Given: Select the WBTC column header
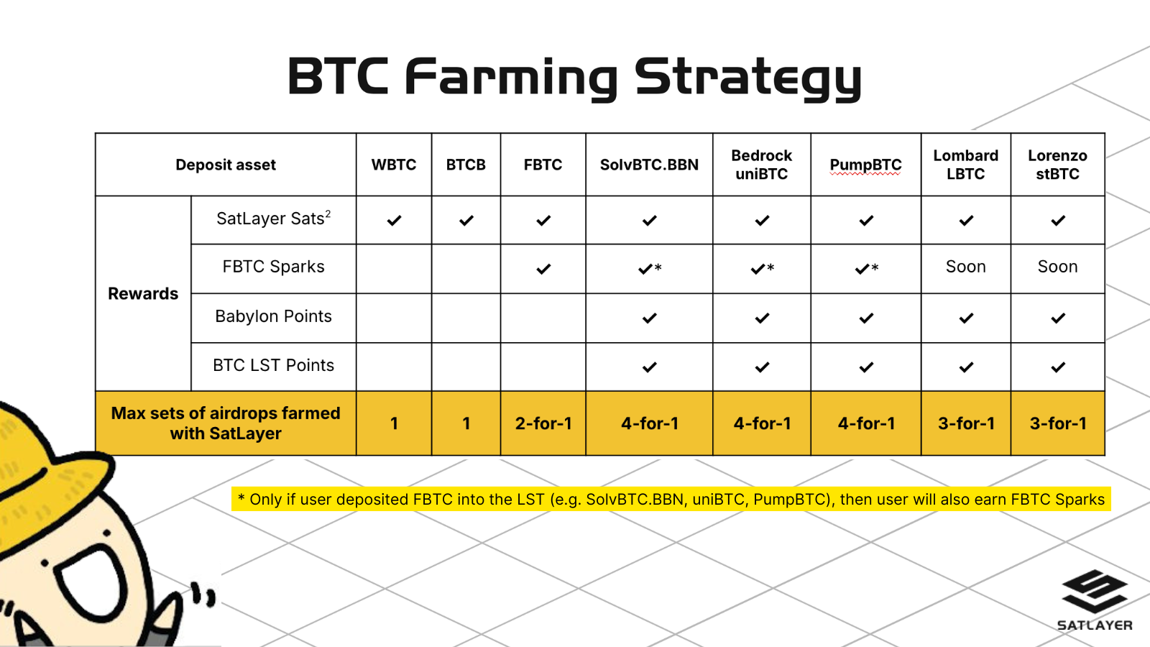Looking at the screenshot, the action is point(394,165).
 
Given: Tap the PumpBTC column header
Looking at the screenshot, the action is point(865,165).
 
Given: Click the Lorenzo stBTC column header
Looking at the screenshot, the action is point(1057,165).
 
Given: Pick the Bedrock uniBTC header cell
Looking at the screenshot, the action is point(761,165).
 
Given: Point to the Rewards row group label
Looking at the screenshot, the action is point(143,294).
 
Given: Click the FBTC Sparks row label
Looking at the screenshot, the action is point(273,267).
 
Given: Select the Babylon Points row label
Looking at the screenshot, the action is point(273,316).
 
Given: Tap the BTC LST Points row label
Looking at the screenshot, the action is point(273,365).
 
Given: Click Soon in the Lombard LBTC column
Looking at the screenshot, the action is point(966,267).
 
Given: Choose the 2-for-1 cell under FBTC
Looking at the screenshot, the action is point(543,423).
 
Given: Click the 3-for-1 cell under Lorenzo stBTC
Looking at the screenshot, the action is point(1057,423).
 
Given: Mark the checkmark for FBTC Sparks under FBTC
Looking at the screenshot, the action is point(543,269).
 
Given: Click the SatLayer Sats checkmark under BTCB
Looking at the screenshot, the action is point(466,221).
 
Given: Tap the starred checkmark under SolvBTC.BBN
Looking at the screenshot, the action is point(650,269).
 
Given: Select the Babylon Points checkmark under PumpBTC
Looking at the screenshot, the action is point(866,318).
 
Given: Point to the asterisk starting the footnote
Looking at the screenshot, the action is point(241,497).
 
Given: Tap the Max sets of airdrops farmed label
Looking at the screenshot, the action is point(226,423).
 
